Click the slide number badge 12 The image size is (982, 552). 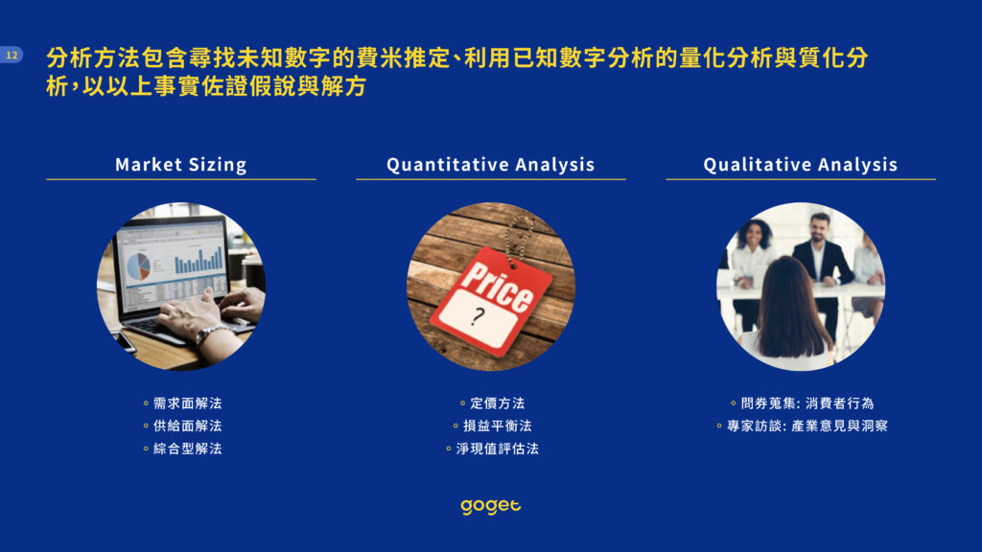(12, 55)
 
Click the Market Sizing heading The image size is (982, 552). (181, 165)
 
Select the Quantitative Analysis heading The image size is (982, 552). (490, 165)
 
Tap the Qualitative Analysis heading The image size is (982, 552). (801, 165)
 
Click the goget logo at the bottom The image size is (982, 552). (491, 506)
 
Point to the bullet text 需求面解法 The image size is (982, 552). (187, 403)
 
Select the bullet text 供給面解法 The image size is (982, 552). (187, 425)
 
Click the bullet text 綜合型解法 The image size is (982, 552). (187, 448)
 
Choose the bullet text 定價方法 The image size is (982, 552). (498, 403)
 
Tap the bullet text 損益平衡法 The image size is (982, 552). (498, 425)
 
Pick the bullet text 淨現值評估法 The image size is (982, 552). (498, 448)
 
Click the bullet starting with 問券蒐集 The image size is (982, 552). (807, 403)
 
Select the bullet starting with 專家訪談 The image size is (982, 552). (807, 425)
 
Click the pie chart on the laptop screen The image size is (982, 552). (138, 265)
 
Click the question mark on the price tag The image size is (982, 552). (479, 316)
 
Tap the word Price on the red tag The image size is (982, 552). (498, 285)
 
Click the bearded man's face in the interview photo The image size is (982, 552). (819, 229)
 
